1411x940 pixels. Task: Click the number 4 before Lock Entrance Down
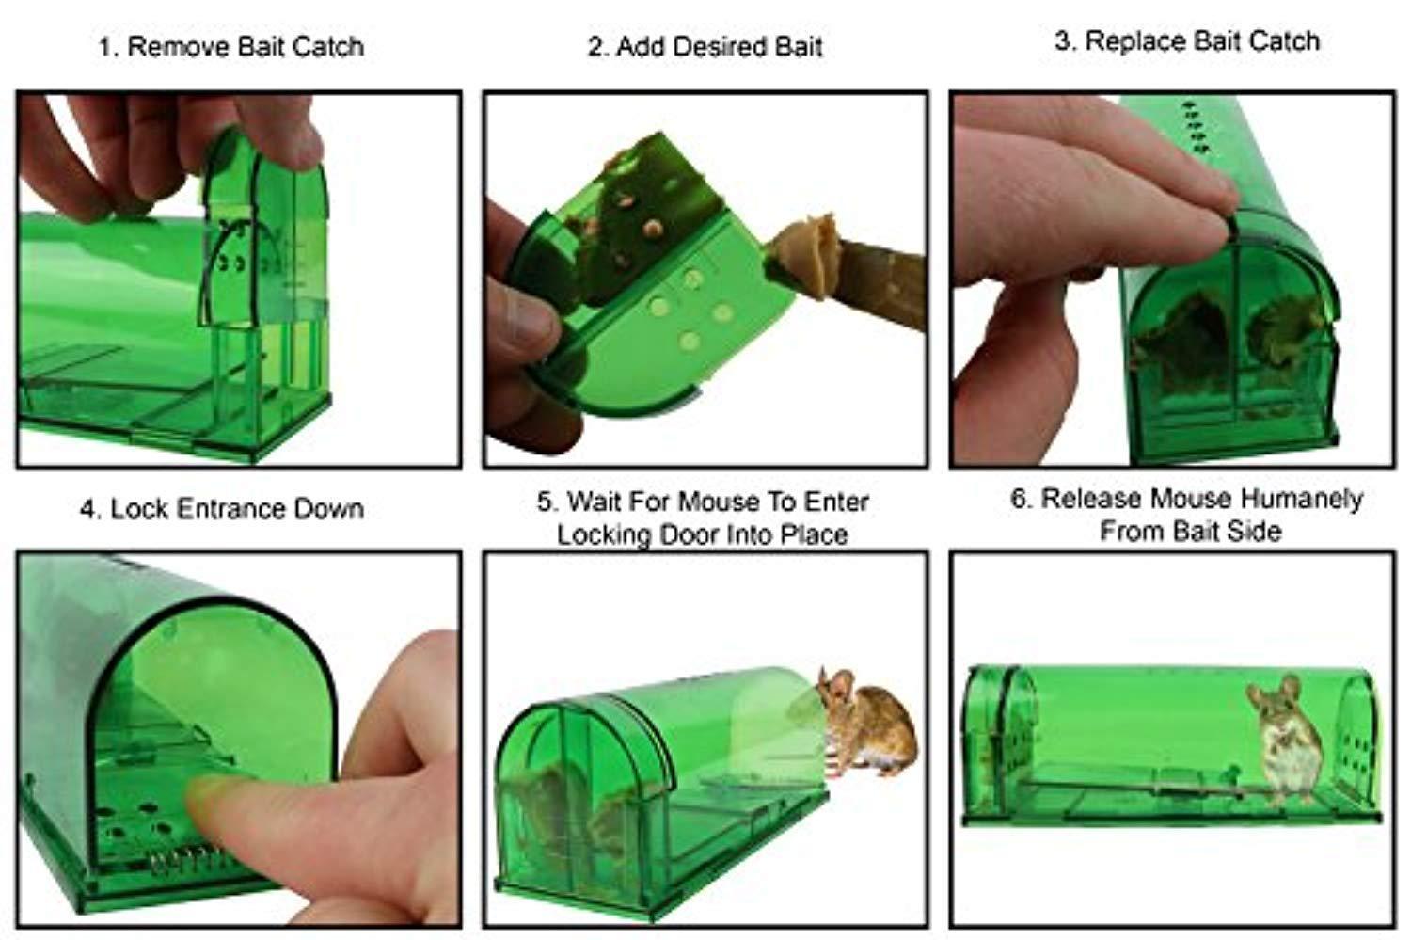[90, 509]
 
